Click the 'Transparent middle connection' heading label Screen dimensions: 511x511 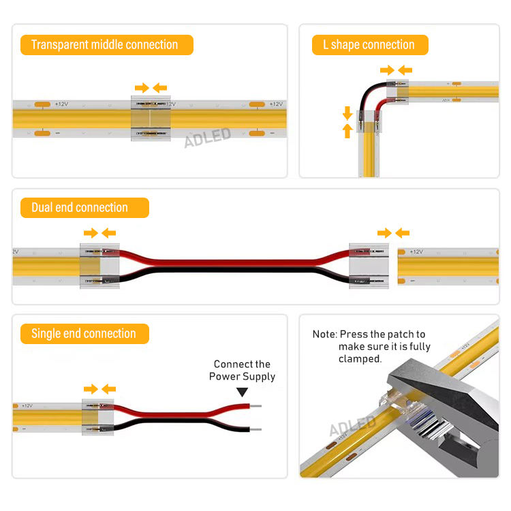coord(106,45)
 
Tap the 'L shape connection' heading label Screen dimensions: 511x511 coord(370,45)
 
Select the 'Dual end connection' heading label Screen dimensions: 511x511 coord(84,208)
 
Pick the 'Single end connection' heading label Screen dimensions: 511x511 coord(84,334)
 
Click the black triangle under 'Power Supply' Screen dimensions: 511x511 coord(242,392)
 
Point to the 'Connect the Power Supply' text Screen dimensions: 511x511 coord(242,370)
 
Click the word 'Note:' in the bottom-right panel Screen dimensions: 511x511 coord(324,335)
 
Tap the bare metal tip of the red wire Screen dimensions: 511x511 coord(255,406)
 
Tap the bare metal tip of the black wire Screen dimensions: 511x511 coord(255,429)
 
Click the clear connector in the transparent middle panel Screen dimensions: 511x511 coord(151,119)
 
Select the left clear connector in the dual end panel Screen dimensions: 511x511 coord(99,266)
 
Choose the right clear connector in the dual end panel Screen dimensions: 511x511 coord(369,266)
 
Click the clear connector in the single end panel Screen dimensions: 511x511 coord(97,417)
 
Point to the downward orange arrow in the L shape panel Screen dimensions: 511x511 coord(347,113)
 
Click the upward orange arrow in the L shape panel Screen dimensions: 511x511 coord(347,131)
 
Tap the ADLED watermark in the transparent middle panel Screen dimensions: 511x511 coord(208,138)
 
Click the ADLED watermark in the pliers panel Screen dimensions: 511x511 coord(353,425)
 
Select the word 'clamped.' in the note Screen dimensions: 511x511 coord(360,359)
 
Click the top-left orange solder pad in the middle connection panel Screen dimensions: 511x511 coord(42,104)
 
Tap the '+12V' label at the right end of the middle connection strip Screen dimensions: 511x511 coord(276,104)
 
